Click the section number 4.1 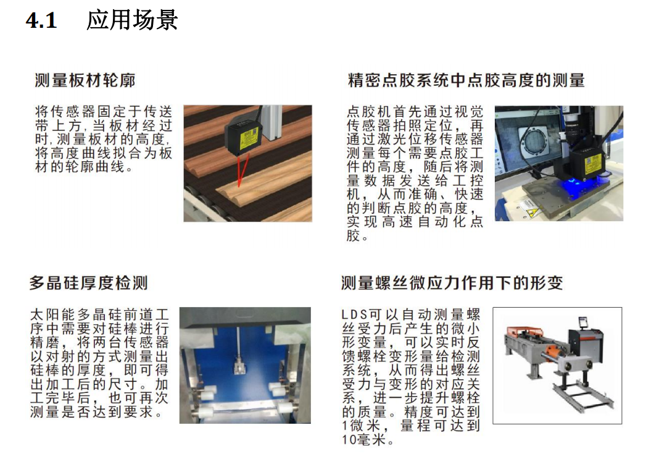[41, 20]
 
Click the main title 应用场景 [132, 20]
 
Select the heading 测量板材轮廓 [85, 80]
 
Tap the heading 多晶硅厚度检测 [88, 283]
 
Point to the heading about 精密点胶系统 [466, 80]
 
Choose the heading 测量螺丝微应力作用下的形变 [452, 283]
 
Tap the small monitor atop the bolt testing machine [582, 322]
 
